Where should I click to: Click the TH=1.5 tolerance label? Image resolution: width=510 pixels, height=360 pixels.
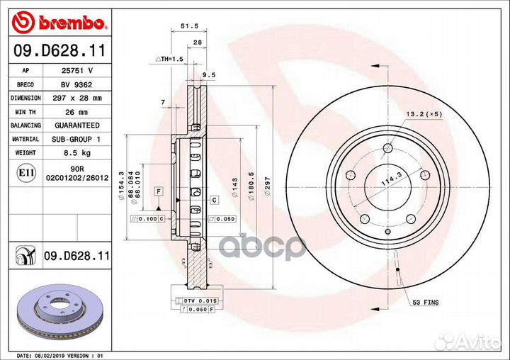click(170, 59)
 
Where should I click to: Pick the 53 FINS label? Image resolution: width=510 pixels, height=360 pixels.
click(426, 303)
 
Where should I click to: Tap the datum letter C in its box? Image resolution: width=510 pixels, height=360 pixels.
click(213, 201)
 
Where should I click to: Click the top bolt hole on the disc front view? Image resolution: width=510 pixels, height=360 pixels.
click(387, 148)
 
